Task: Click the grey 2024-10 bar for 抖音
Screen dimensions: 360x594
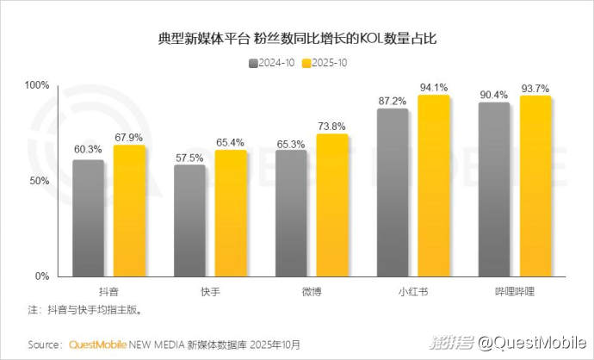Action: coord(88,218)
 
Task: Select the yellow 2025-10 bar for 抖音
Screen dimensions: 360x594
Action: coord(129,211)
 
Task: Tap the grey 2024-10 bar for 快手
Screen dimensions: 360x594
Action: coord(189,220)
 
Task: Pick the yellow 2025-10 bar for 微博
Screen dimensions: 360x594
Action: coord(331,205)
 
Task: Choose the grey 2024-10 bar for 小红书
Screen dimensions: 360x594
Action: coord(393,192)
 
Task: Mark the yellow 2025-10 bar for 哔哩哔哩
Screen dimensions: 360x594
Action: coord(535,186)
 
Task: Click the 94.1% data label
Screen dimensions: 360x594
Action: coord(433,87)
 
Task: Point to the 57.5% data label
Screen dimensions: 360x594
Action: coord(189,158)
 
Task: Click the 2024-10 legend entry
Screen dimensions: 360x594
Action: coord(275,63)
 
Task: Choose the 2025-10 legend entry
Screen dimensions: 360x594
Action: coord(326,63)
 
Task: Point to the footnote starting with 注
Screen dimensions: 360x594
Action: coord(84,309)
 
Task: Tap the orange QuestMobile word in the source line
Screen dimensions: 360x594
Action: coord(97,344)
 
